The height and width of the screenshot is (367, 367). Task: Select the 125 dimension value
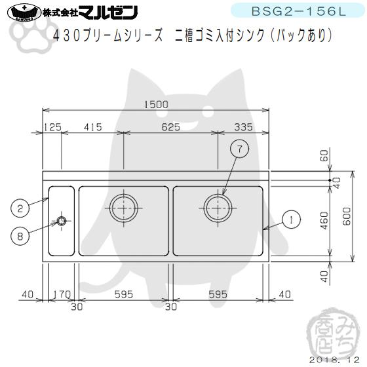point(52,127)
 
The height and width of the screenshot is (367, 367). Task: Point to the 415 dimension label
point(92,127)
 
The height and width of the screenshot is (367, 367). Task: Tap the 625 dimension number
point(170,127)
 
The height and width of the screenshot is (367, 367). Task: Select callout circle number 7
point(240,149)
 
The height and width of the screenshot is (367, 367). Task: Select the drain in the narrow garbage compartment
point(62,221)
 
